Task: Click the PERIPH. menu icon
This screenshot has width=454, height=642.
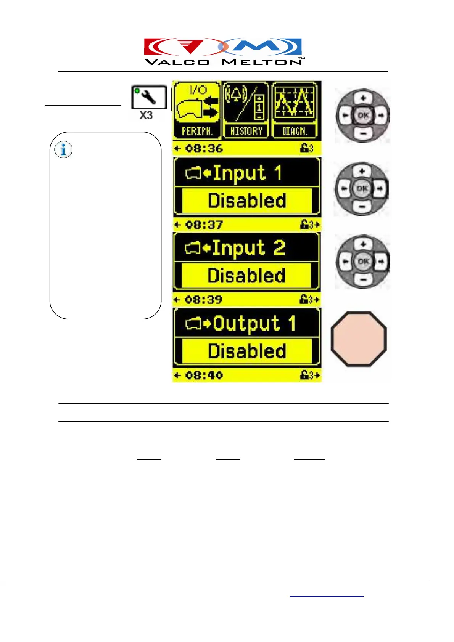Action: point(197,111)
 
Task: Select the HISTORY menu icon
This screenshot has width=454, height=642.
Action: point(246,111)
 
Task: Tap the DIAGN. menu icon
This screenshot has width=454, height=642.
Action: point(295,111)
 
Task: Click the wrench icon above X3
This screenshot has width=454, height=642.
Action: point(149,97)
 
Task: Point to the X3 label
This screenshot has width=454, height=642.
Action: point(146,115)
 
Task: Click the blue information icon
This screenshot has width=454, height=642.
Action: point(63,150)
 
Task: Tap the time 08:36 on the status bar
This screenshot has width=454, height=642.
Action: point(204,148)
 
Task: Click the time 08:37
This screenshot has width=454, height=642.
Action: point(204,225)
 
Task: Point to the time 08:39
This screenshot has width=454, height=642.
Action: point(204,300)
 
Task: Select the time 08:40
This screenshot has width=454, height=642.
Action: point(204,376)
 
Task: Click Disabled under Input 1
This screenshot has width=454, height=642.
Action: point(247,201)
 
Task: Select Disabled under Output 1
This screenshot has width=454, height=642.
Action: point(247,351)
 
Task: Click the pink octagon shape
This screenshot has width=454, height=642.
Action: point(359,339)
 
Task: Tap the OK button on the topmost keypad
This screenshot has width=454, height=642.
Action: point(363,115)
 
